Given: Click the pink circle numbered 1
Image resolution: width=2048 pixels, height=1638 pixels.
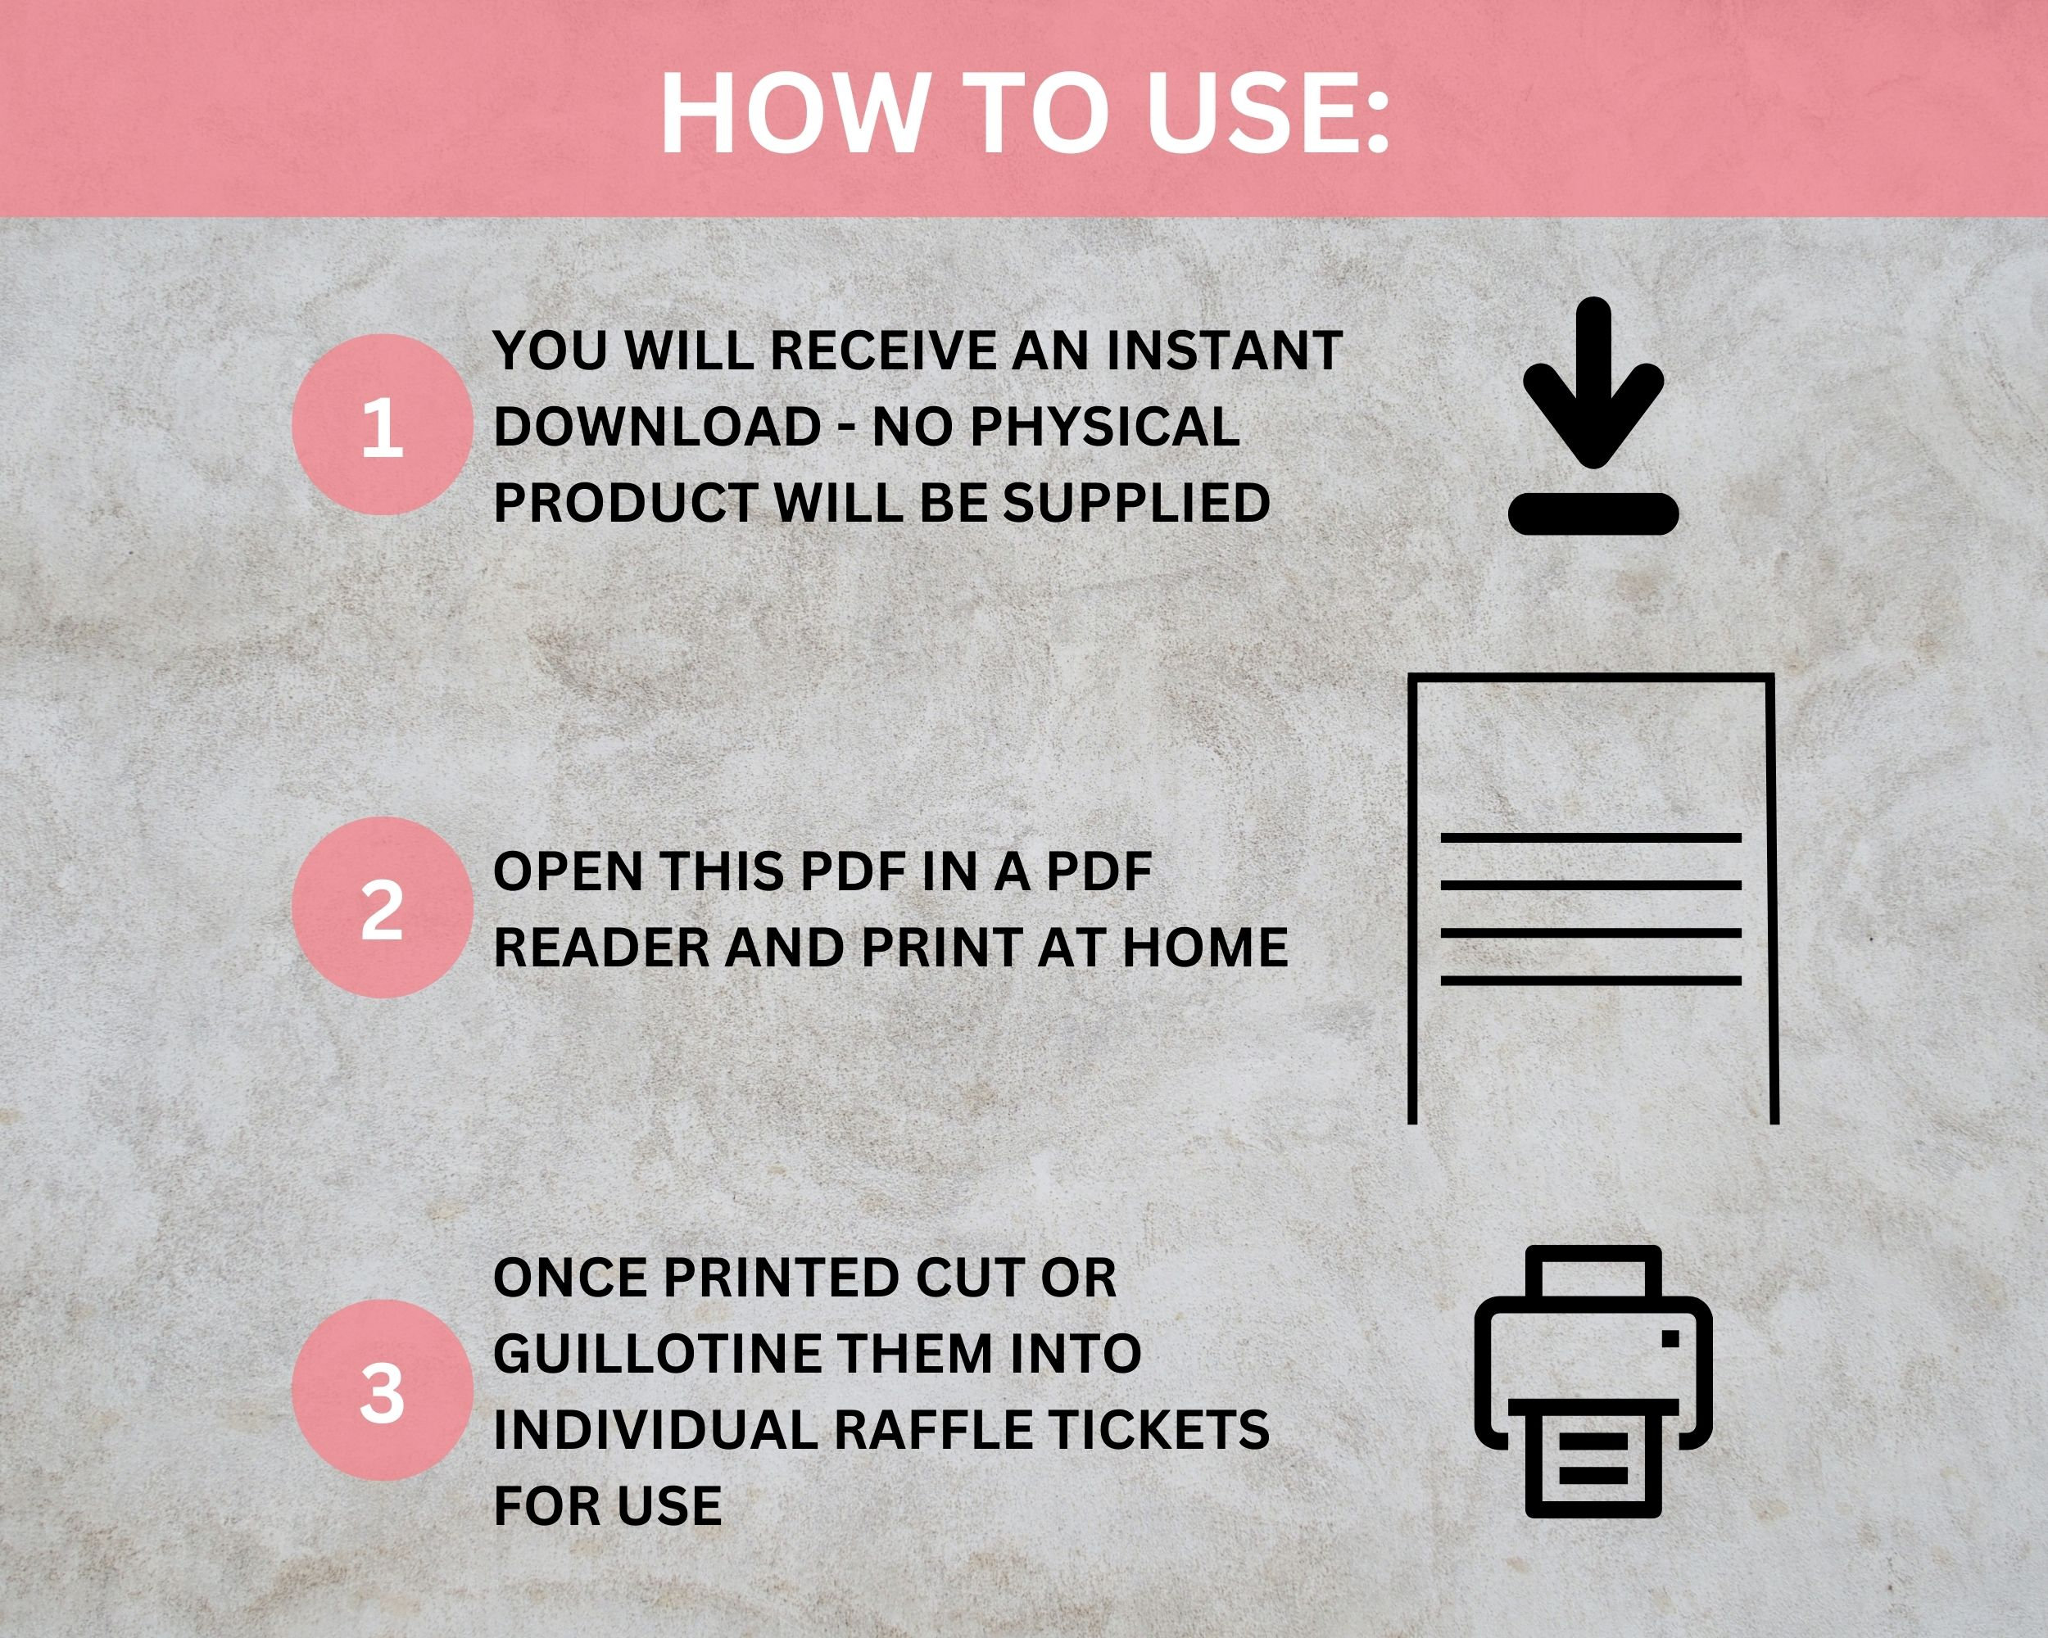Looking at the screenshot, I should point(382,424).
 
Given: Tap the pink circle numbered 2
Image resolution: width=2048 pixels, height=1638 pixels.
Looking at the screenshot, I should point(382,907).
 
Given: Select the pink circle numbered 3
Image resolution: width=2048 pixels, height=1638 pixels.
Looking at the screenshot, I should point(382,1390).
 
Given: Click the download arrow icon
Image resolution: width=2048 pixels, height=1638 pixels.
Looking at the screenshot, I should point(1593,385).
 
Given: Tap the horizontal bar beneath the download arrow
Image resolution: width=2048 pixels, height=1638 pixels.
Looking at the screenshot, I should point(1593,513).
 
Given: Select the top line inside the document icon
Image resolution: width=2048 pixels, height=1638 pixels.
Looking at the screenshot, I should point(1590,838).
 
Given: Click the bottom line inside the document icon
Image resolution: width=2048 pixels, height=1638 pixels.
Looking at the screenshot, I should point(1590,980).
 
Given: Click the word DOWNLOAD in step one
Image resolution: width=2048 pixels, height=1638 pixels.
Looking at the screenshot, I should point(657,427).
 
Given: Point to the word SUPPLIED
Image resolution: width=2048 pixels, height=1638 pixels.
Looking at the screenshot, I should point(1136,502).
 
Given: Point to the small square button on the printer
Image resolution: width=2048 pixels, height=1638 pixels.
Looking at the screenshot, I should point(1671,1339).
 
